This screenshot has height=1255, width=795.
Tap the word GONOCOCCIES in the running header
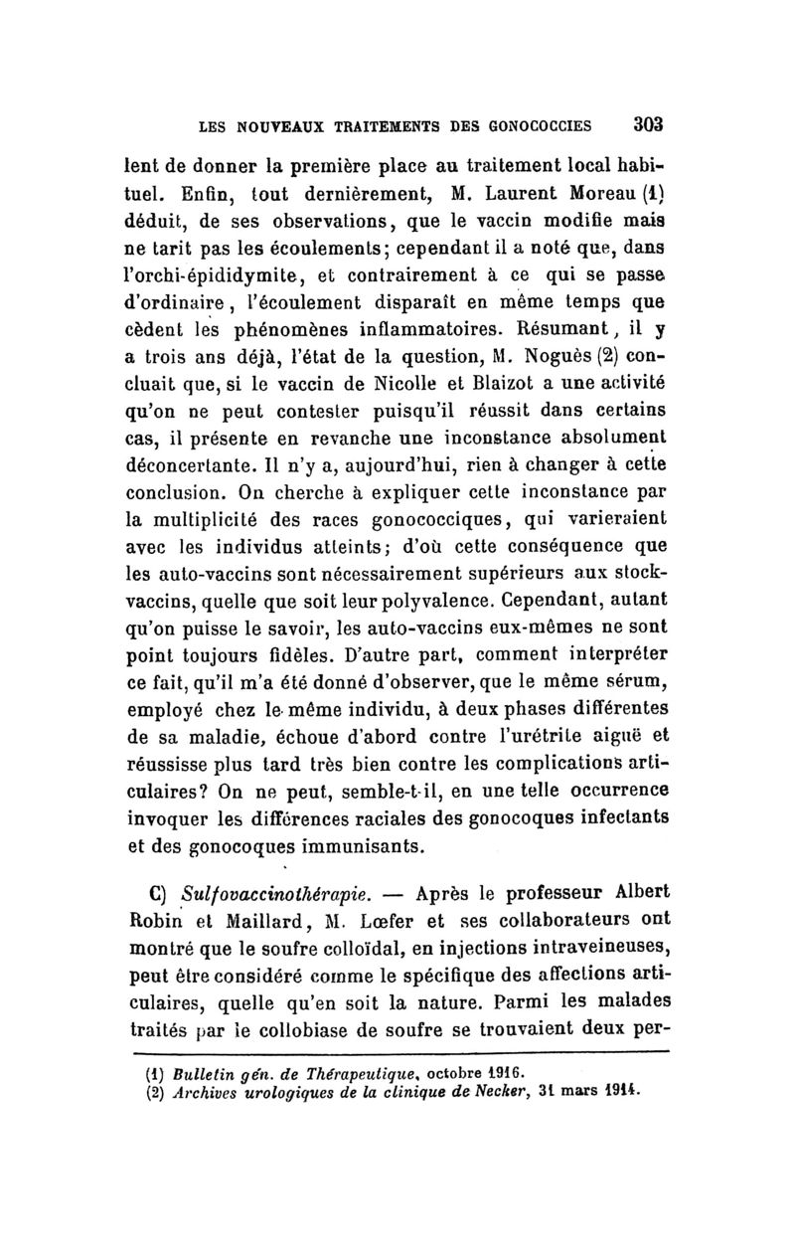pyautogui.click(x=537, y=126)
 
